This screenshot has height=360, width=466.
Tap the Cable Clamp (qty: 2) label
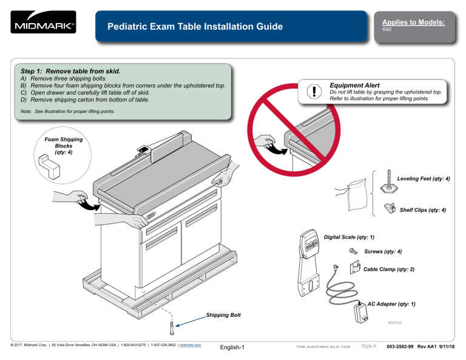(x=388, y=268)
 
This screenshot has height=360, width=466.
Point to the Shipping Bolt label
(x=223, y=315)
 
